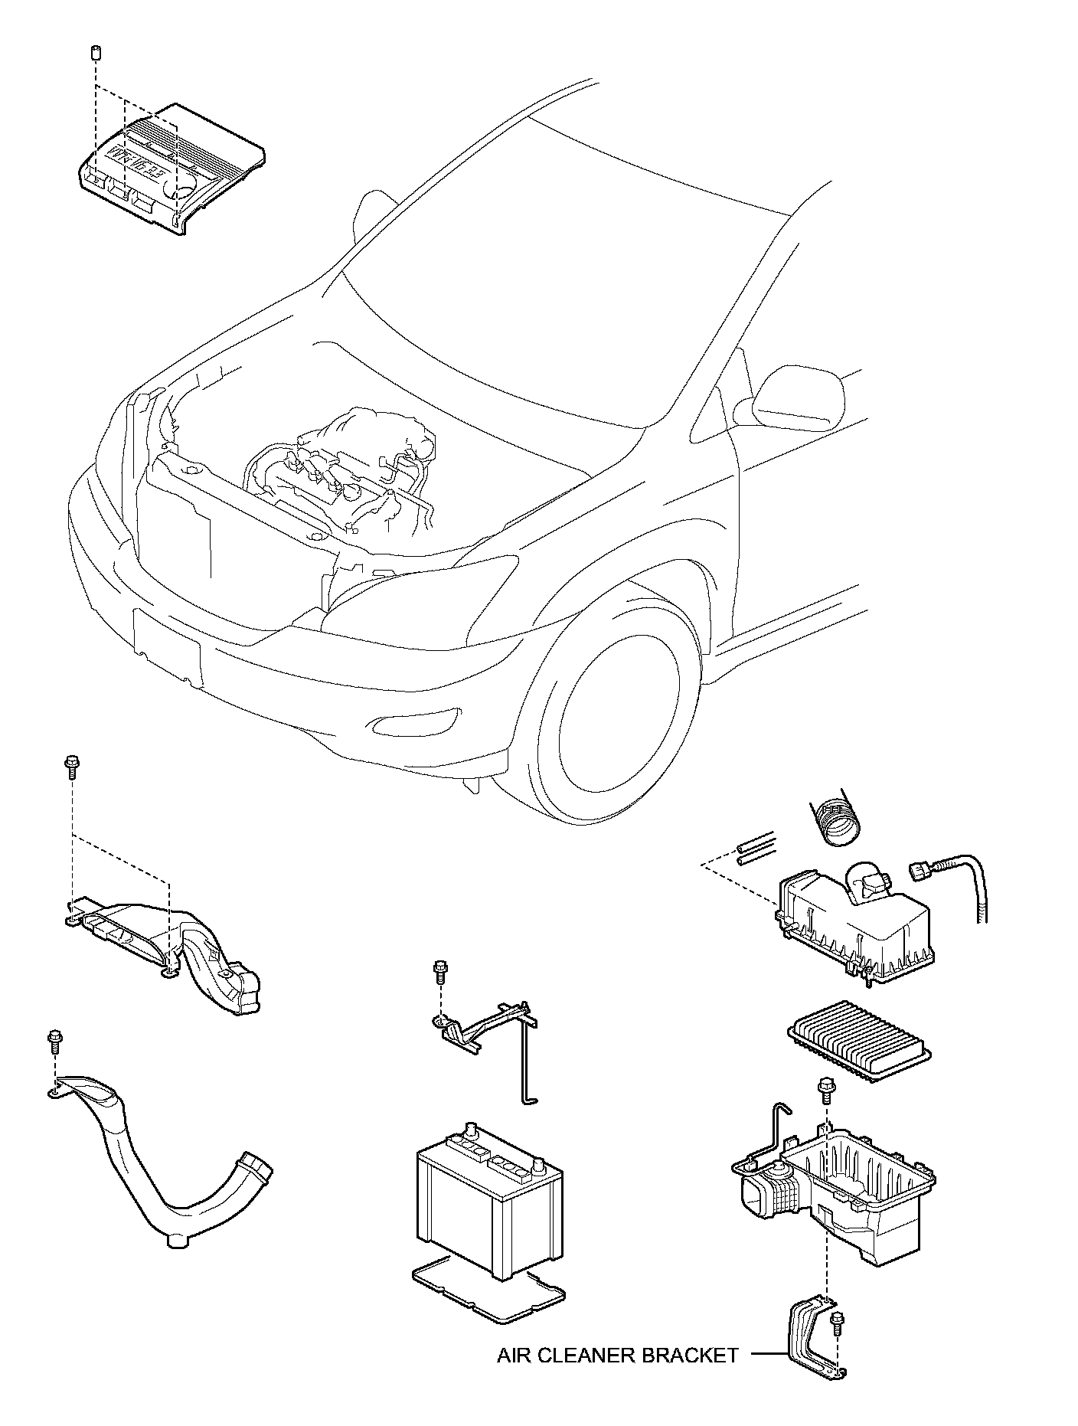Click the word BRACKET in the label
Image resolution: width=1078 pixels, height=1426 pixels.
(x=690, y=1356)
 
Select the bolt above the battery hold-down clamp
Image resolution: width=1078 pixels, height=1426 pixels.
(x=440, y=970)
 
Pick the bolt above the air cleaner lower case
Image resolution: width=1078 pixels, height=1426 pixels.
(x=826, y=1088)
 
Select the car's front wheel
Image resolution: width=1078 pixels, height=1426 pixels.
(x=612, y=724)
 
